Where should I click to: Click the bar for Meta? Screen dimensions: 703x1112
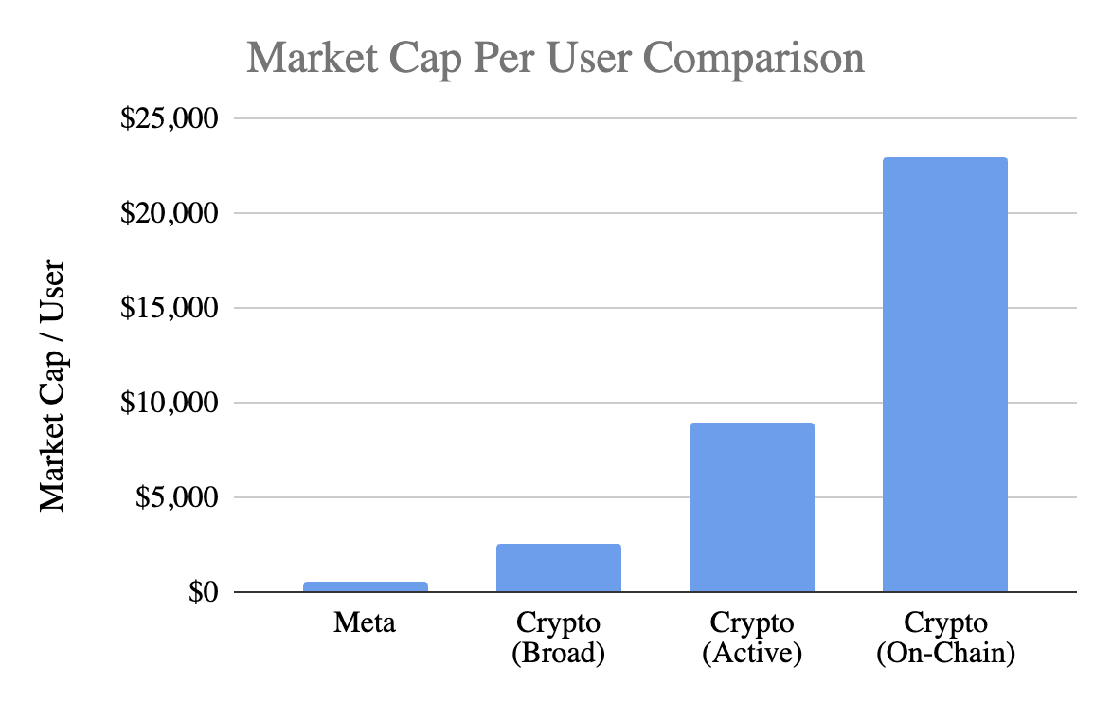[366, 586]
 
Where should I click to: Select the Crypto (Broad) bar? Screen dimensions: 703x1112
[559, 568]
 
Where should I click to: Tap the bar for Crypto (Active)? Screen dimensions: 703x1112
[751, 508]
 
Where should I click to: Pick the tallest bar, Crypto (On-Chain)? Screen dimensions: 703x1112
[944, 375]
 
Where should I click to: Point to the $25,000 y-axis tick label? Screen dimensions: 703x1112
[169, 119]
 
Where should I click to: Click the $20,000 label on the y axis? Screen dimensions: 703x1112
[169, 214]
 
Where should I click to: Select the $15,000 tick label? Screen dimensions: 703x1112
[169, 309]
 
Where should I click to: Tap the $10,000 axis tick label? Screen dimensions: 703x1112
[169, 404]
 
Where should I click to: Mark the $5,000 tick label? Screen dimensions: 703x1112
[176, 498]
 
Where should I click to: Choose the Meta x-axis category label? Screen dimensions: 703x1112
[366, 623]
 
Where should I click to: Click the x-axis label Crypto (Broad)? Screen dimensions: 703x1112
[559, 639]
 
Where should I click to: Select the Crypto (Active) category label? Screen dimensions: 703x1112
[751, 639]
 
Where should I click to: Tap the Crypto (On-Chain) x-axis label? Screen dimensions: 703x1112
[944, 639]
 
